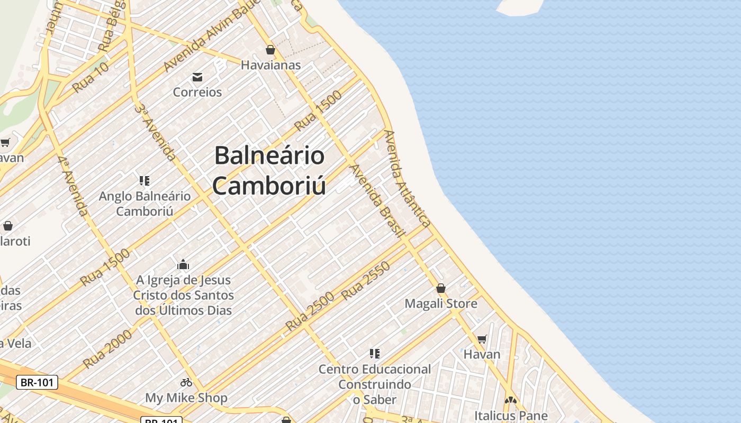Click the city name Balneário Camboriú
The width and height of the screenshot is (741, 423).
click(269, 170)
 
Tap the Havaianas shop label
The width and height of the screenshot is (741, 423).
click(270, 65)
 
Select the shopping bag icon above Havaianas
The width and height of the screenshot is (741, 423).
click(270, 50)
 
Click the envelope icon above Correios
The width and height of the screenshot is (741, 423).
click(197, 77)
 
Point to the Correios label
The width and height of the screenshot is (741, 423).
click(197, 92)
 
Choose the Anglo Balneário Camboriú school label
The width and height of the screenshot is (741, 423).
click(144, 204)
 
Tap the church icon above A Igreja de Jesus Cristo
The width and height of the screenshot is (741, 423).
click(183, 264)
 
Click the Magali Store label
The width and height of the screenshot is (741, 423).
click(441, 304)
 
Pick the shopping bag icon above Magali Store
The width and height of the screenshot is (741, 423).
click(441, 288)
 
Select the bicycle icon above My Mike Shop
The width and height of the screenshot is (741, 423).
click(186, 382)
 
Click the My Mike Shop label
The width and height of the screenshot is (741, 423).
click(186, 398)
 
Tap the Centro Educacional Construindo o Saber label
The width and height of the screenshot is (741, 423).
click(375, 384)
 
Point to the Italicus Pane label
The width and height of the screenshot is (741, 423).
click(511, 415)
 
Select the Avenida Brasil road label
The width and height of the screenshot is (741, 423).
click(377, 201)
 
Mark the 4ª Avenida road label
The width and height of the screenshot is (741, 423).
click(73, 186)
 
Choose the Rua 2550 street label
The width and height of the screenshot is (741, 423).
click(366, 281)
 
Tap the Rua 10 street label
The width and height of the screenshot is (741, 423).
click(91, 77)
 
